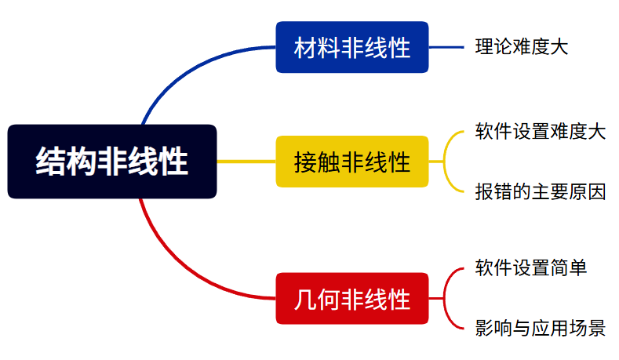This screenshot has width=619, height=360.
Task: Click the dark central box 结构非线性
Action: [111, 162]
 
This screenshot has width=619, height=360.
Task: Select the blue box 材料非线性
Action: [352, 47]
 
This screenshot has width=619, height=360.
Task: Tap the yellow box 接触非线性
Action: [352, 162]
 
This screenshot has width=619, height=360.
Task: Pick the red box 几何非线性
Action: [352, 298]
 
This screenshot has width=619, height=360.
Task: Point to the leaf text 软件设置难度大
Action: [540, 131]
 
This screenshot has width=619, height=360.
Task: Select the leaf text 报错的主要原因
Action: [540, 191]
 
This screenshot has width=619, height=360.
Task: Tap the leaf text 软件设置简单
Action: [531, 267]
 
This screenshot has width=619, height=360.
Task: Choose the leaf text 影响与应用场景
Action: [540, 328]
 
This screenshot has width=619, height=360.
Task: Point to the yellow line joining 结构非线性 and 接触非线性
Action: [246, 162]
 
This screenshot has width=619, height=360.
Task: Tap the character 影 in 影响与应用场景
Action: [484, 328]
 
